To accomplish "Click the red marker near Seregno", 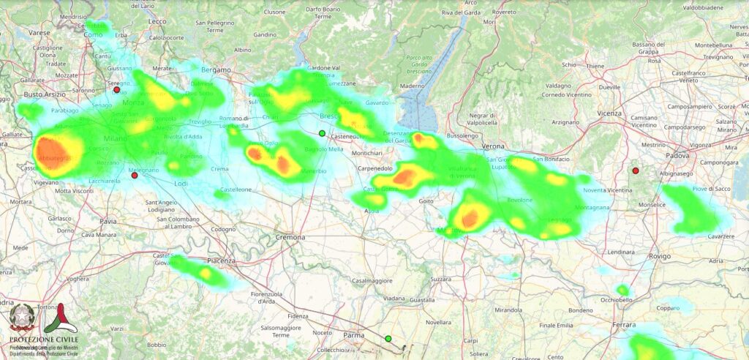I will click(116, 90).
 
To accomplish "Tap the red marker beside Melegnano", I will click(135, 176).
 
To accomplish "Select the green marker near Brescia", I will click(322, 133).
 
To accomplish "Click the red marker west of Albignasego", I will click(636, 170).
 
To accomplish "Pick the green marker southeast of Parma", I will click(388, 338).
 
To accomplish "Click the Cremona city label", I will click(290, 238).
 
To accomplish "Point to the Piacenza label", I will click(221, 260).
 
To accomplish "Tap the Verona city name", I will click(494, 146).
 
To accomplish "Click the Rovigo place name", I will click(639, 256).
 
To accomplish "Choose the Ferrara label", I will click(624, 324).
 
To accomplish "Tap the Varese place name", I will click(39, 33).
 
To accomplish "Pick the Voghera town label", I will click(77, 279).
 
